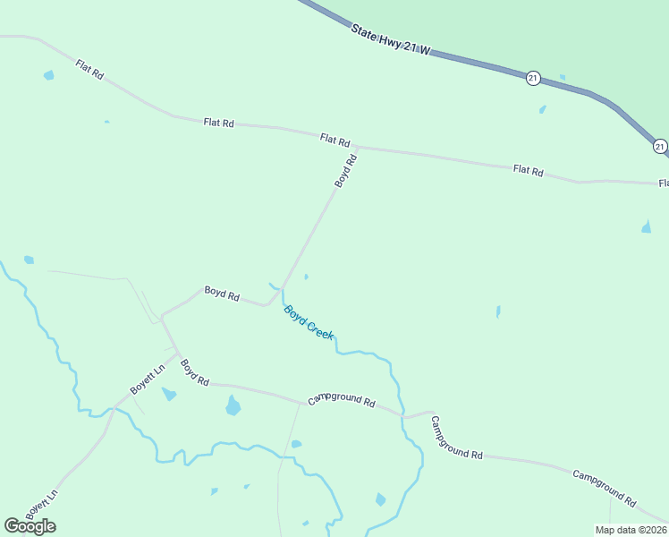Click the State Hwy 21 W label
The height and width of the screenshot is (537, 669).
point(391,42)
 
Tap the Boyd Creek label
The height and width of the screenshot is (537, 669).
point(308,322)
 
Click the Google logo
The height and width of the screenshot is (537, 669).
point(30,526)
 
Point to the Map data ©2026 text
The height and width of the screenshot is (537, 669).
point(631,530)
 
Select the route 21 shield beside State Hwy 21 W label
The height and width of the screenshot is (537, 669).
point(533,78)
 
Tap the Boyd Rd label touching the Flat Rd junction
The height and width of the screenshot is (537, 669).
point(346,170)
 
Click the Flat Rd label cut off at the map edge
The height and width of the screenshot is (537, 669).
point(663,183)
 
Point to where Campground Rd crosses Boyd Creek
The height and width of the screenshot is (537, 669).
point(402,416)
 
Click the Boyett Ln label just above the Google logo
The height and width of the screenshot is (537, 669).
point(41,505)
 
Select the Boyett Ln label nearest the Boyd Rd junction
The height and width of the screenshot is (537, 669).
point(148,379)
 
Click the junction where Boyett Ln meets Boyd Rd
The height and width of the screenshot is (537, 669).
point(176,352)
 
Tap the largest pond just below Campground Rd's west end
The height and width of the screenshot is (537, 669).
point(233,406)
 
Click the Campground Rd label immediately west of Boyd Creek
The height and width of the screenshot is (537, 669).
point(341,401)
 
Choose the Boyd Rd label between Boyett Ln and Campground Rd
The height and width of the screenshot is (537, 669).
point(194,372)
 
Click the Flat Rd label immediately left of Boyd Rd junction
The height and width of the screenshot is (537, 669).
point(334,140)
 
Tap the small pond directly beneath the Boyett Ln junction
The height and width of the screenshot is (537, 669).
point(168,394)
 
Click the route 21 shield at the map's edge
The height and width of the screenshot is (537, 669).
point(660,146)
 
